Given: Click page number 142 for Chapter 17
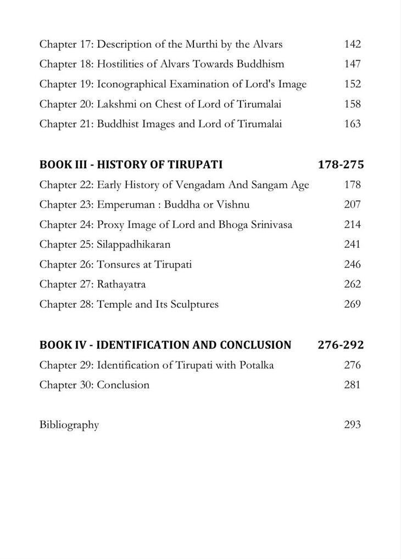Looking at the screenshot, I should pos(352,44).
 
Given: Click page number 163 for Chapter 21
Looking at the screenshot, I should pos(352,124).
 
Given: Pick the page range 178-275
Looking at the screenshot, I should pos(341,164).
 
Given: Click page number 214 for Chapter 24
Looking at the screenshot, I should pos(352,224).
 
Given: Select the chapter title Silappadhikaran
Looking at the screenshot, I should pos(133,244).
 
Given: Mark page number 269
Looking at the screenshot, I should pos(352,304).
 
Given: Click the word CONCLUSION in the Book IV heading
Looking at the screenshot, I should pos(255,345).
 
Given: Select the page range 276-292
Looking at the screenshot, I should pos(341,345).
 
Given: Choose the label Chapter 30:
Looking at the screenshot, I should pos(66,385).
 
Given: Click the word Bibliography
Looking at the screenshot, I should pos(69,425).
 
